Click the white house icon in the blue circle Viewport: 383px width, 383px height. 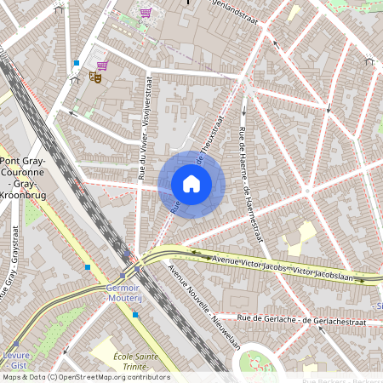191,183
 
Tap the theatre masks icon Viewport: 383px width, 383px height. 95,77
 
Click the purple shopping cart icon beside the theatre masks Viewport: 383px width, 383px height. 102,66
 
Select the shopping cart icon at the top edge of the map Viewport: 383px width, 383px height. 145,14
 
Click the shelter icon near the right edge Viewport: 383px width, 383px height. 369,60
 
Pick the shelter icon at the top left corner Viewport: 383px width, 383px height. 59,9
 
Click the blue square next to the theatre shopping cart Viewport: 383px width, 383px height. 77,63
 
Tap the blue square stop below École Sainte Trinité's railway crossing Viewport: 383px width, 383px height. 135,315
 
